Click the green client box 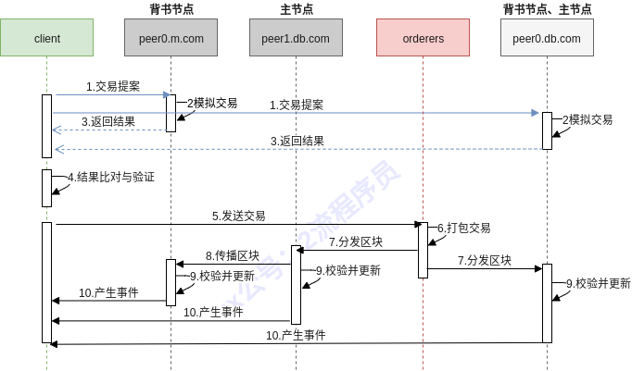coord(46,38)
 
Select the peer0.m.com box coord(171,38)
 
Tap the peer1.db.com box coord(296,38)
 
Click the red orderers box coord(423,38)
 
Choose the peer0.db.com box coord(547,38)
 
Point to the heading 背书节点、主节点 coord(547,9)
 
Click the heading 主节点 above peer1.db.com coord(296,9)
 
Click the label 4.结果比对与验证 coord(110,177)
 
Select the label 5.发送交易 coord(238,216)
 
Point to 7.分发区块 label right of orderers coord(484,261)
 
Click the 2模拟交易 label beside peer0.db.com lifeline coord(588,120)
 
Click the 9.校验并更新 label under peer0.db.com coord(598,283)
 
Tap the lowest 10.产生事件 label coord(296,335)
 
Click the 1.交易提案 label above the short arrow coord(113,86)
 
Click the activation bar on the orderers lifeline coord(423,250)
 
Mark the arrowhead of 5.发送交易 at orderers coord(419,224)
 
